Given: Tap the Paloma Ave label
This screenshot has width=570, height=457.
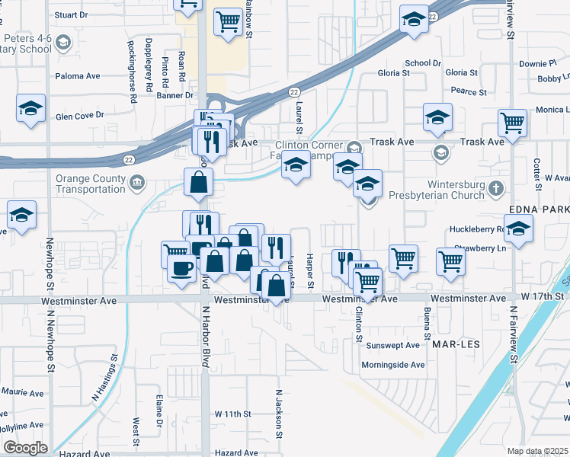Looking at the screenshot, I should pyautogui.click(x=78, y=76).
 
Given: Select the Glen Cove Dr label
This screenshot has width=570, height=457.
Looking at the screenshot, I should pyautogui.click(x=79, y=116).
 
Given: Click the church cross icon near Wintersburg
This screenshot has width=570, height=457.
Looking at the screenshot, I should pyautogui.click(x=496, y=187).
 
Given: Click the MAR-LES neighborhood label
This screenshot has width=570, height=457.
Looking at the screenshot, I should pyautogui.click(x=458, y=344).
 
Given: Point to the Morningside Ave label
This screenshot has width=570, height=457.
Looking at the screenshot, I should pyautogui.click(x=393, y=365).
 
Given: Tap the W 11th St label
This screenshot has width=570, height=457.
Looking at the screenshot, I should pyautogui.click(x=232, y=414).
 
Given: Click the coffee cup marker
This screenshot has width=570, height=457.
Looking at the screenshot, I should pyautogui.click(x=181, y=269).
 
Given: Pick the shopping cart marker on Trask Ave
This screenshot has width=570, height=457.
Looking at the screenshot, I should pyautogui.click(x=513, y=122).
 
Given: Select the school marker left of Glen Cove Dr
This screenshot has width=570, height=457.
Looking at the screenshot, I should pyautogui.click(x=30, y=108).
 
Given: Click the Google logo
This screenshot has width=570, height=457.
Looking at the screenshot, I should pyautogui.click(x=26, y=448).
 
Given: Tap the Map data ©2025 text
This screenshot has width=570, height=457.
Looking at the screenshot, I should pyautogui.click(x=537, y=451).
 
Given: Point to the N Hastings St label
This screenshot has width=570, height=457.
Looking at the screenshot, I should pyautogui.click(x=106, y=377).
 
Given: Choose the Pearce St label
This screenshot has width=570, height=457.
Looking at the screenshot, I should pyautogui.click(x=469, y=91).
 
